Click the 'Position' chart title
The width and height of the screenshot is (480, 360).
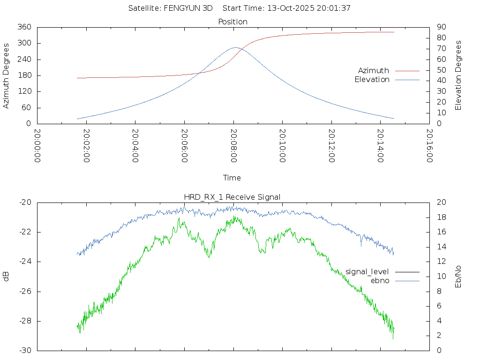pos(233,22)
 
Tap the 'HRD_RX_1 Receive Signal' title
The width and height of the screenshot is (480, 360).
pos(232,197)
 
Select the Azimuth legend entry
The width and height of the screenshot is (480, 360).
pos(374,70)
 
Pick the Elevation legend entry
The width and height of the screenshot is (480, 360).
pos(372,80)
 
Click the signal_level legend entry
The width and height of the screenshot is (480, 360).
pos(367,271)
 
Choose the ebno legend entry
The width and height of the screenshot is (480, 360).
pos(380,280)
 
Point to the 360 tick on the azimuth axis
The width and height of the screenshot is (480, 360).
pos(24,27)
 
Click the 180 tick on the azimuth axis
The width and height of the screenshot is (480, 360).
pos(24,75)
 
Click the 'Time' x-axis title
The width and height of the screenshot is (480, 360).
pos(232,178)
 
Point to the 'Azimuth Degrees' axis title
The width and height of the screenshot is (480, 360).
pos(6,75)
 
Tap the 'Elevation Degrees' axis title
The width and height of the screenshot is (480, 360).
pos(458,75)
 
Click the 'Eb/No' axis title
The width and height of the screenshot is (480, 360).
pos(458,277)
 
